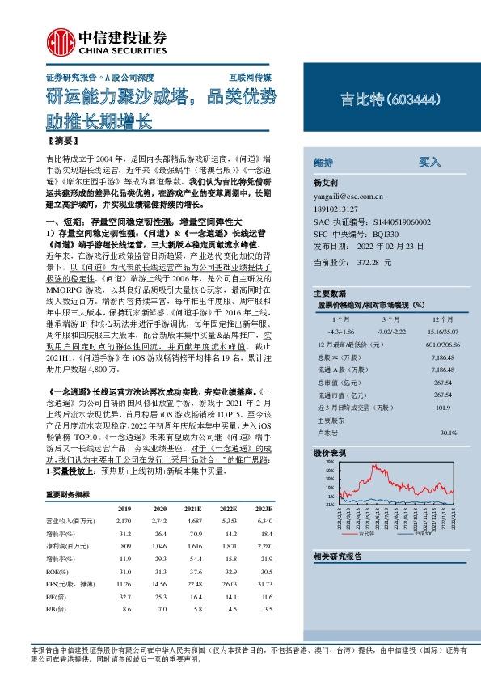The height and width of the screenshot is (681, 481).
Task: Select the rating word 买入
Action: pyautogui.click(x=429, y=162)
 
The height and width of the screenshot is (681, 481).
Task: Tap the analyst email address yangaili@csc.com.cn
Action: pyautogui.click(x=349, y=196)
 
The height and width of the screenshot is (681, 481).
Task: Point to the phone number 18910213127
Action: pyautogui.click(x=340, y=208)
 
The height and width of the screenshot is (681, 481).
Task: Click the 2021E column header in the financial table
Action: pyautogui.click(x=192, y=508)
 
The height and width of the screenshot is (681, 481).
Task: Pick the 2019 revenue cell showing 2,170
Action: pyautogui.click(x=124, y=522)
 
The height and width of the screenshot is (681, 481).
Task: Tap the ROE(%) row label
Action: pyautogui.click(x=59, y=572)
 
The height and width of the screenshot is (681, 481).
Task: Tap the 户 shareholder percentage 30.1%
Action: pyautogui.click(x=448, y=433)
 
